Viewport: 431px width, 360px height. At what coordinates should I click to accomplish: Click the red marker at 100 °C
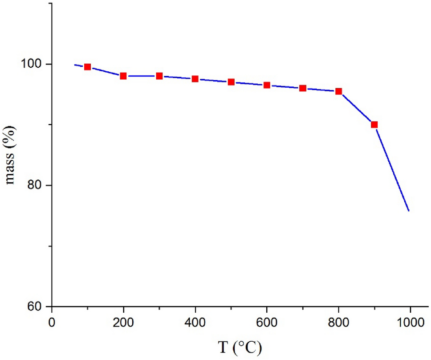pos(88,67)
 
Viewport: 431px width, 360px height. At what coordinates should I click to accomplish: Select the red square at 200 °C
pos(123,76)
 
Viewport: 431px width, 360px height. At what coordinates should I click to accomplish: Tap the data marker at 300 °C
pos(159,76)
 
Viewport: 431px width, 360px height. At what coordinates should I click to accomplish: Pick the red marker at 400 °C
pos(195,79)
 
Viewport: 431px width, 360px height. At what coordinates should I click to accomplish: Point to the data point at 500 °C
pos(231,82)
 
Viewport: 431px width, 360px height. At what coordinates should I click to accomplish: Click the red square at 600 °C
pos(267,85)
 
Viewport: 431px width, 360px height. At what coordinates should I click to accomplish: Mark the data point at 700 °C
pos(303,88)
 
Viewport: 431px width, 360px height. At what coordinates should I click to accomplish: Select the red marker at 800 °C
pos(338,91)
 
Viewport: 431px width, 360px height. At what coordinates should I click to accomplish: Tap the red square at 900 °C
pos(374,125)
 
